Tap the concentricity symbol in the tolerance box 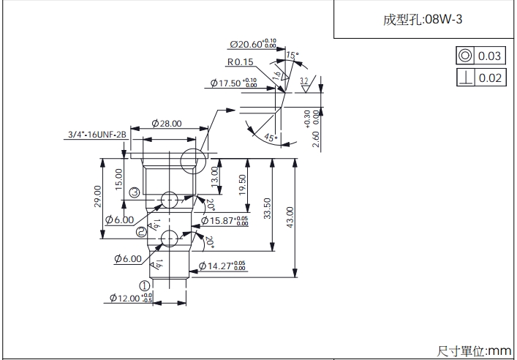pos(464,56)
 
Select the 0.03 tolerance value pos(490,56)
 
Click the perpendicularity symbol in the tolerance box pos(464,78)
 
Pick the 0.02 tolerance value pos(490,78)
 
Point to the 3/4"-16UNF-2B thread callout pos(97,135)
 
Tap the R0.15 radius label pos(240,62)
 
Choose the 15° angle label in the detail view pos(292,56)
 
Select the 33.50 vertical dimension pos(268,208)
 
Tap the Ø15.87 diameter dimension pos(224,220)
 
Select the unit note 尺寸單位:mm pos(474,351)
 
